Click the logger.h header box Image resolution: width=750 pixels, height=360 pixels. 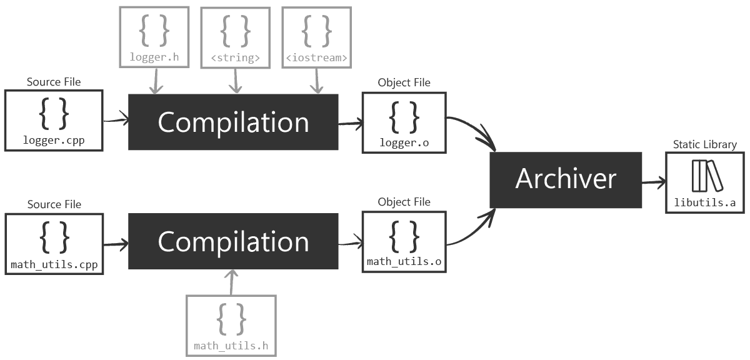[154, 36]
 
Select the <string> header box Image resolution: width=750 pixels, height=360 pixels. [235, 37]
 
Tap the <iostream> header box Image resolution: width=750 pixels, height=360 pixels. [316, 37]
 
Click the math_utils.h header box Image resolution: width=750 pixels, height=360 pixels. [231, 324]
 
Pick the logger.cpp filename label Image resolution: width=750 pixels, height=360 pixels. [53, 141]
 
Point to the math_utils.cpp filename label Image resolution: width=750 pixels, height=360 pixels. [54, 264]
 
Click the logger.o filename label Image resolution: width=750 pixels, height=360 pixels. [404, 143]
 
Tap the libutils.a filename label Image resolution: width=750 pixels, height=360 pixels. [704, 202]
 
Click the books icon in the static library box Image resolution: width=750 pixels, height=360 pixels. [706, 176]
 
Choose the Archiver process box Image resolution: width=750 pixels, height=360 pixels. [566, 179]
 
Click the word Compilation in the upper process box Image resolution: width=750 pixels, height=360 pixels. [233, 122]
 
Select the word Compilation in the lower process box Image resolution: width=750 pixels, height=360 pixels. [233, 242]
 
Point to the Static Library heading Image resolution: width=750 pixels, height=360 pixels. [704, 144]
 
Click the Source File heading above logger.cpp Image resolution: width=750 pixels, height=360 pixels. [53, 82]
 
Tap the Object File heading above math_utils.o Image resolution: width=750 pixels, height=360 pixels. [404, 202]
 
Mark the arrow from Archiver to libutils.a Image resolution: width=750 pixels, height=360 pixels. [654, 182]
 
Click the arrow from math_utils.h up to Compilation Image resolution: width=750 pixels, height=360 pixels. [232, 282]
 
